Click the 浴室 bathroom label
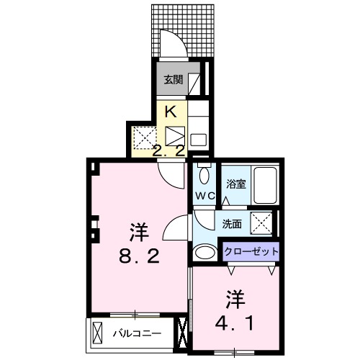pyautogui.click(x=237, y=184)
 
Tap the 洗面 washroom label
pyautogui.click(x=232, y=224)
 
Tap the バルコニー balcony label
pyautogui.click(x=136, y=333)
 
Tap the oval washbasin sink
pyautogui.click(x=205, y=252)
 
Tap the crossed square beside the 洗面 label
pyautogui.click(x=261, y=223)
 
